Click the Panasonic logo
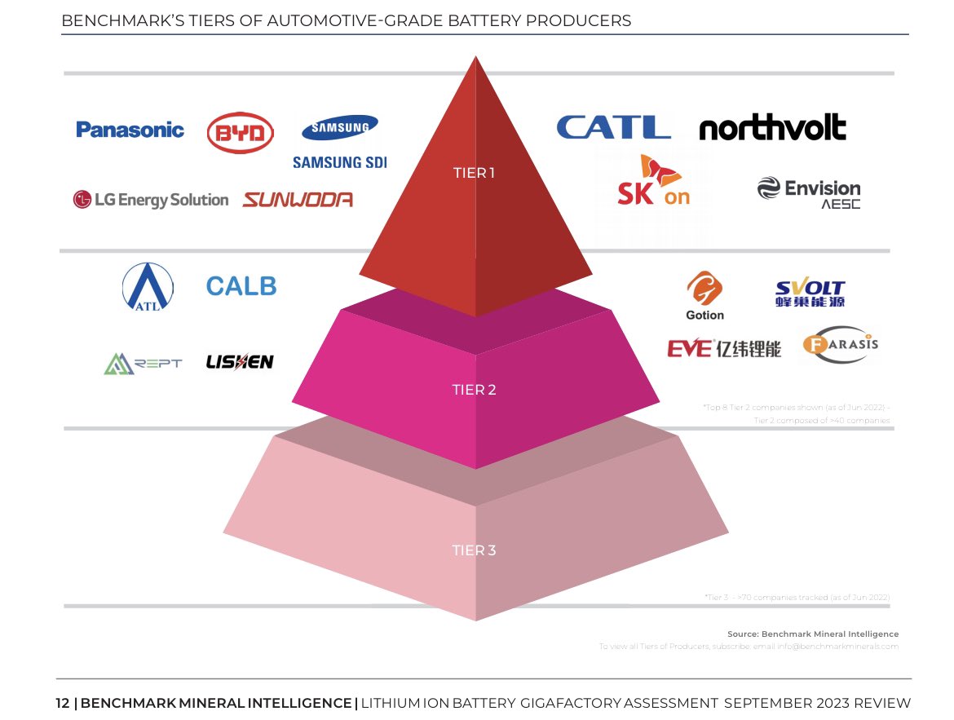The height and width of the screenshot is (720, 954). click(130, 130)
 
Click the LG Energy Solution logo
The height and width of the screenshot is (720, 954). click(151, 200)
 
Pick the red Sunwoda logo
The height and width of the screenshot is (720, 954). click(298, 200)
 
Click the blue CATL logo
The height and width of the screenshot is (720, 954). click(613, 127)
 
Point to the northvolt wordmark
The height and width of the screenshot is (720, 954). click(772, 128)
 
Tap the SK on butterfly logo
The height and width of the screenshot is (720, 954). click(653, 181)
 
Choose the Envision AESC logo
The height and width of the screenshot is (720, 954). click(809, 192)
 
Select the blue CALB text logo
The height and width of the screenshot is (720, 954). click(241, 286)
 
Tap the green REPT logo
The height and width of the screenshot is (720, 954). click(143, 363)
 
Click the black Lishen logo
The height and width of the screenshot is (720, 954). click(240, 362)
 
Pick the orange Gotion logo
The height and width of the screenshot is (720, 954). click(704, 296)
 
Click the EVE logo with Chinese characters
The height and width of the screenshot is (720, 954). click(724, 349)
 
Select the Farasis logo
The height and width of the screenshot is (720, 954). click(840, 344)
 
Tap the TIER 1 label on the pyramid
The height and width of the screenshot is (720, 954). click(474, 173)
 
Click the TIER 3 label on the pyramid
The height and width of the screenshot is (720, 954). click(474, 550)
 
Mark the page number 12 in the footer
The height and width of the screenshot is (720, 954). click(62, 703)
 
